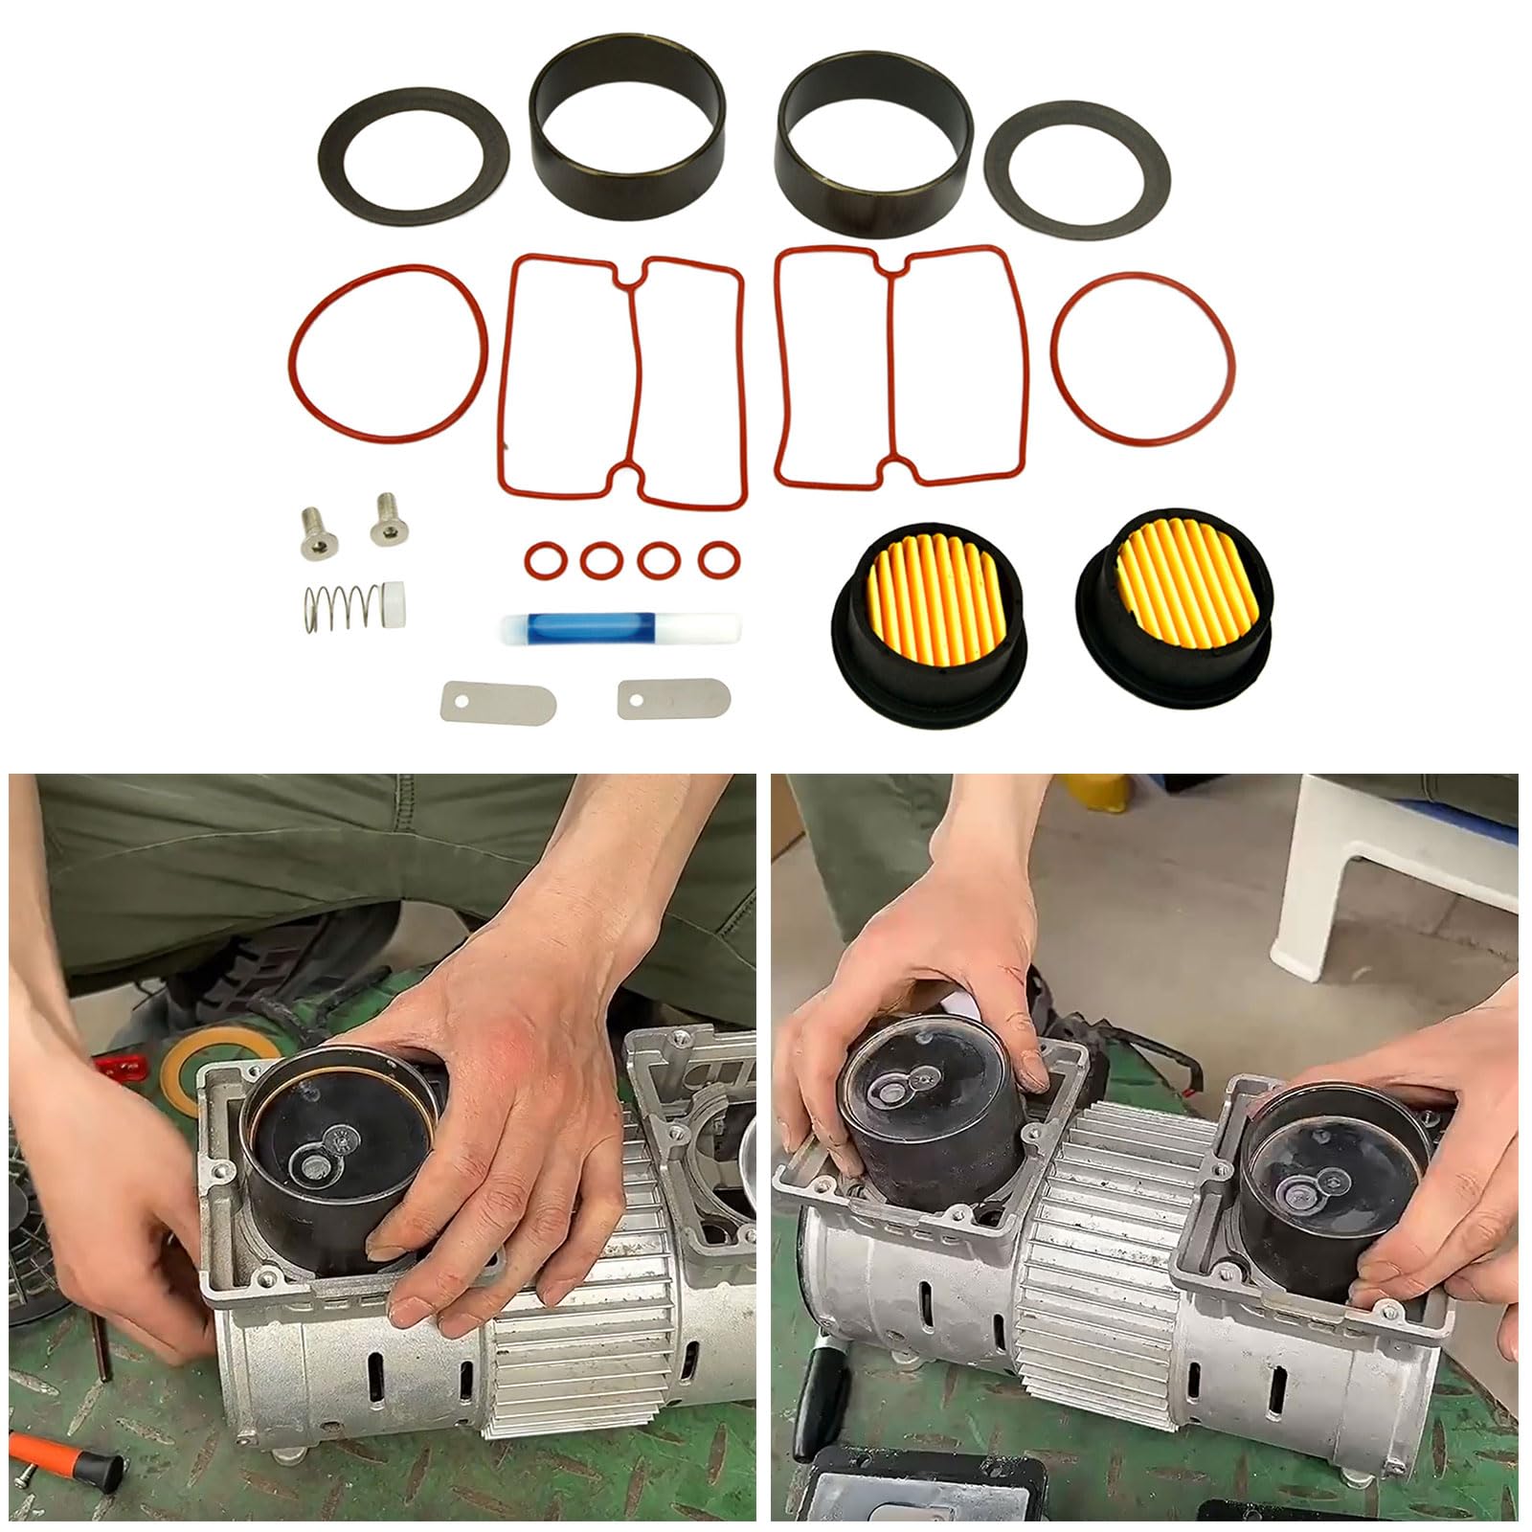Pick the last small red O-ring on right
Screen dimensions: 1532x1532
click(x=716, y=559)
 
